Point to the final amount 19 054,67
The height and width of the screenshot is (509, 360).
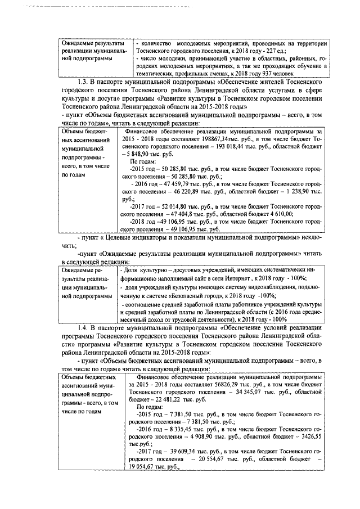point(145,467)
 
